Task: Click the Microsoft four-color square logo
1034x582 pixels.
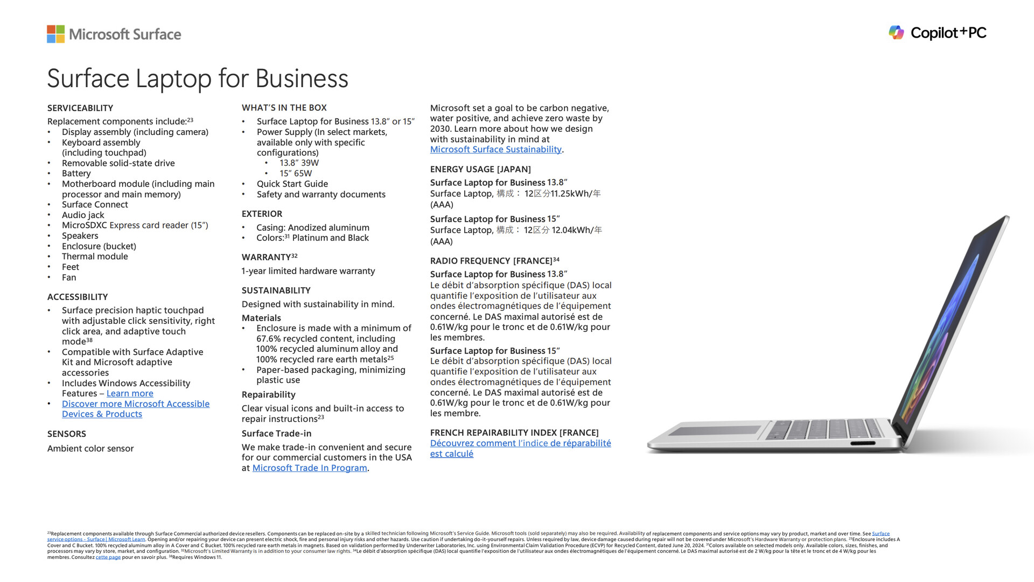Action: point(55,34)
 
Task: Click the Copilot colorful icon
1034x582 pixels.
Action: point(896,33)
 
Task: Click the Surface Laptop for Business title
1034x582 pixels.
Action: point(198,79)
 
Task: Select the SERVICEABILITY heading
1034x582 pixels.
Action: point(80,108)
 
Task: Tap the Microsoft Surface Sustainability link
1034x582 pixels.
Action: point(495,150)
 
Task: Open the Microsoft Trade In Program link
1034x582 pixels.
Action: point(310,468)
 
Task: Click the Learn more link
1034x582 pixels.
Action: point(130,394)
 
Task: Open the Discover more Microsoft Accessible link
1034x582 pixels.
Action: point(135,404)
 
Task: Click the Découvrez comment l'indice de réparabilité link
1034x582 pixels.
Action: point(520,443)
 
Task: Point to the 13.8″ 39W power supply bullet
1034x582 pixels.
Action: point(299,163)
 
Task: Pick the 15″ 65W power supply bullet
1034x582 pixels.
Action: point(296,173)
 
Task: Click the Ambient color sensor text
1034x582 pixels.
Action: point(90,449)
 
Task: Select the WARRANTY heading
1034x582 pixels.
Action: point(266,258)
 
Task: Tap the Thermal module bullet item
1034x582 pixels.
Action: point(95,257)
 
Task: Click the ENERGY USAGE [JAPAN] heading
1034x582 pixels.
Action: point(480,169)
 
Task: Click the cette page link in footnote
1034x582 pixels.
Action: point(108,557)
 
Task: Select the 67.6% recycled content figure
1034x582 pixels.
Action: point(269,339)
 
